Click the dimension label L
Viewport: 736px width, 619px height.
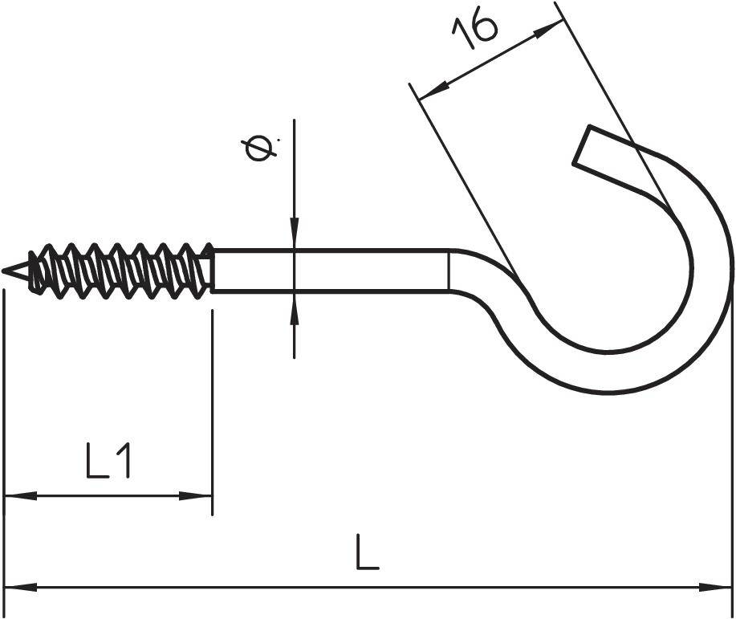coord(367,554)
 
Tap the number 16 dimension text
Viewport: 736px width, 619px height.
coord(474,31)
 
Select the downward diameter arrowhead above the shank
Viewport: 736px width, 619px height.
coord(295,234)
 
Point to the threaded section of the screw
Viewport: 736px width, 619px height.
coord(120,269)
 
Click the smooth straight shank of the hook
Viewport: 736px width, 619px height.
coord(337,271)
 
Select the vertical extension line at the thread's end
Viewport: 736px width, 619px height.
coord(212,401)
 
